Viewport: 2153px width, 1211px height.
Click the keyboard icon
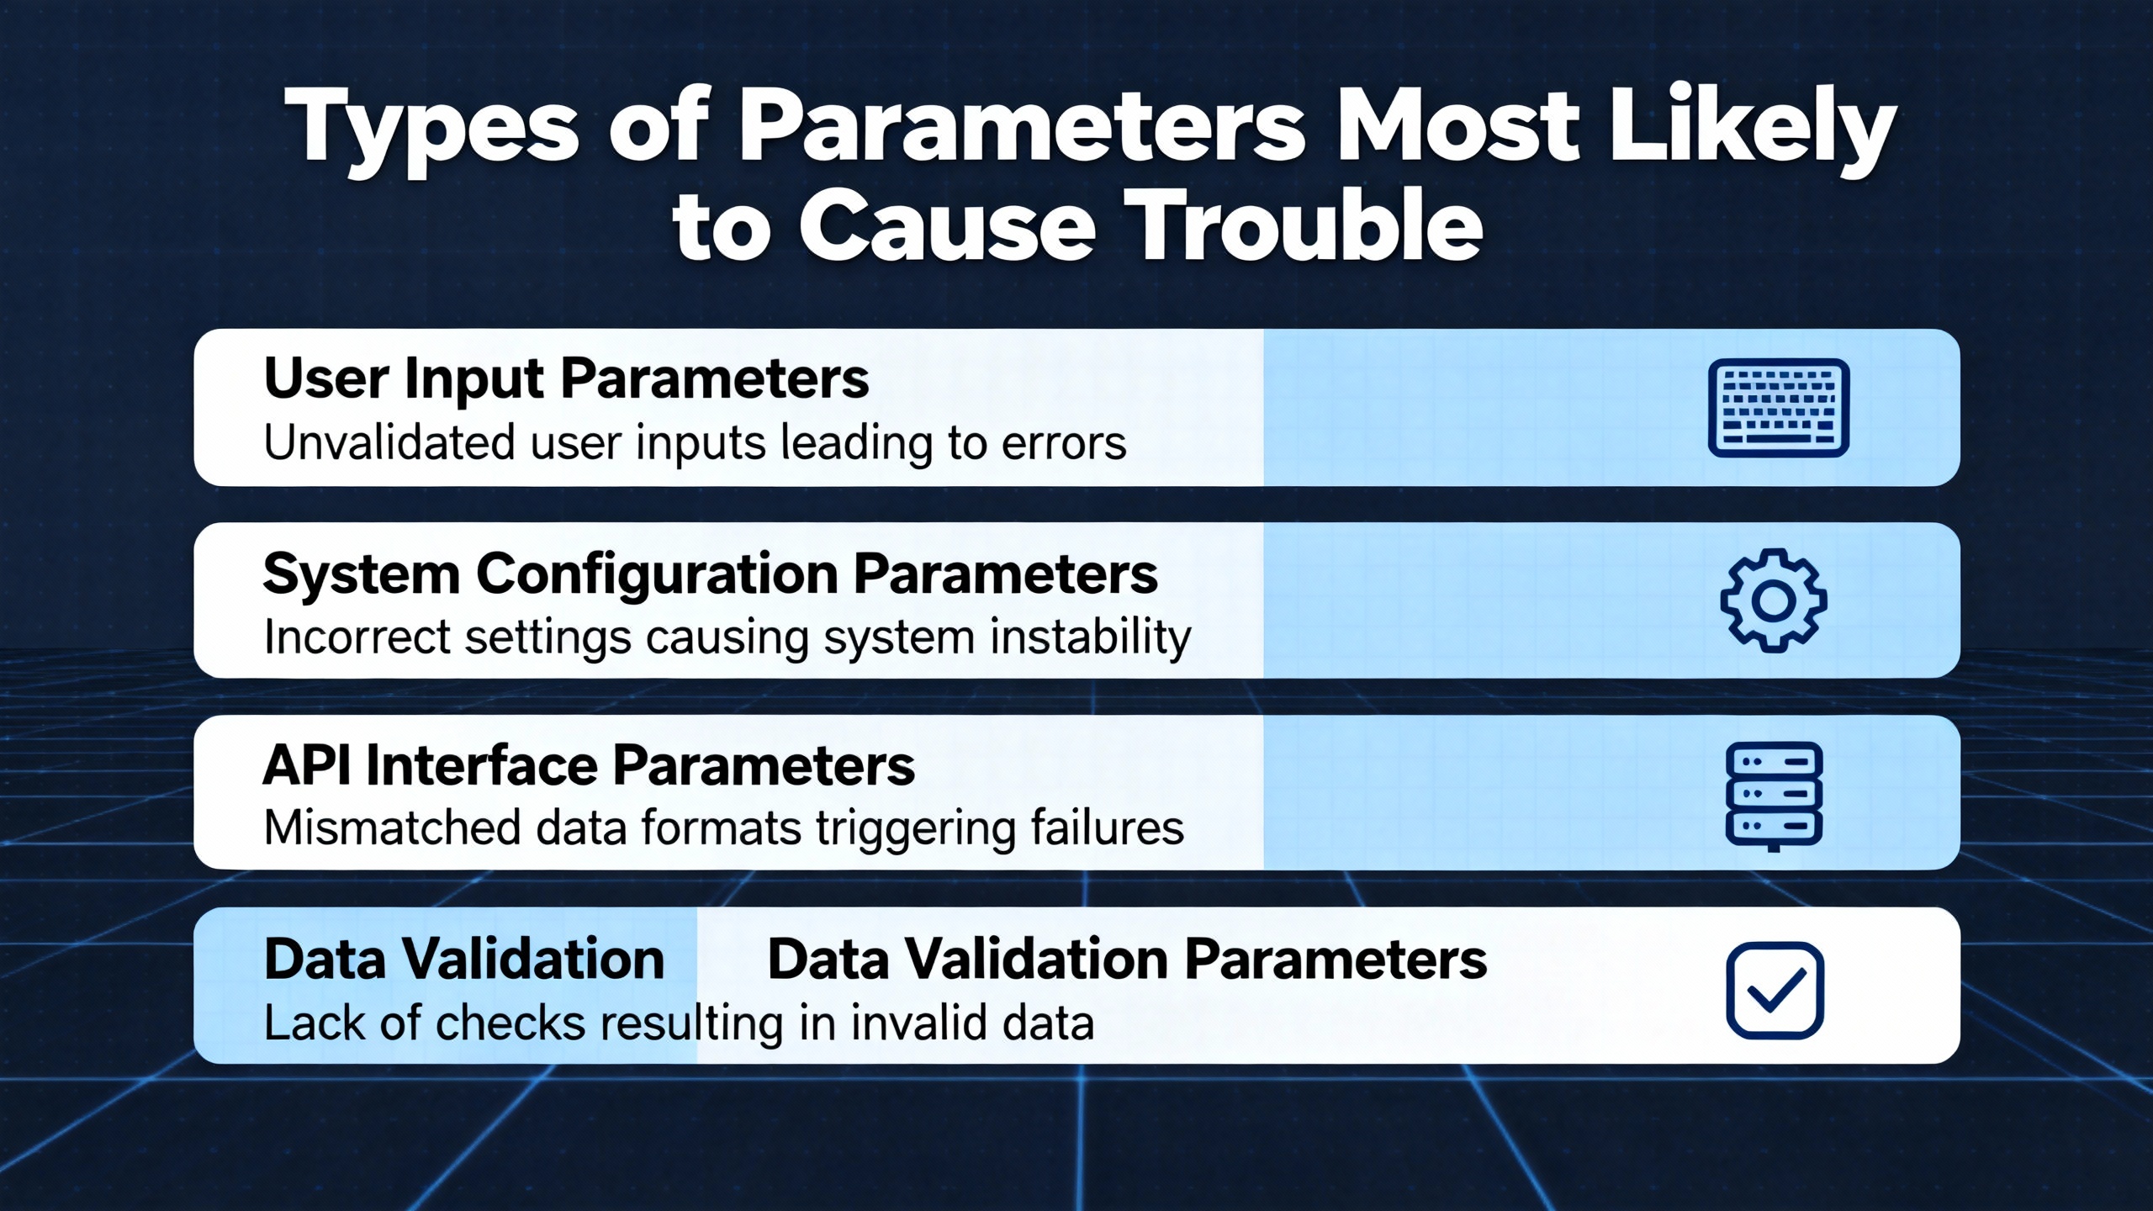click(1778, 408)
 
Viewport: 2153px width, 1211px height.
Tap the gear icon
click(1774, 600)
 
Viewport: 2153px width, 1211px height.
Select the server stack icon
click(1774, 796)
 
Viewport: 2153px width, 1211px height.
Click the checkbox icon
click(1775, 990)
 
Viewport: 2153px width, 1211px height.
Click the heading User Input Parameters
click(566, 379)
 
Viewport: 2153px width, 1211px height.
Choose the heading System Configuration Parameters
click(711, 574)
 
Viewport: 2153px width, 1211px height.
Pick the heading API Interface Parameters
click(589, 766)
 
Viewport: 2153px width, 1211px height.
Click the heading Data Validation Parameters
click(1127, 960)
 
